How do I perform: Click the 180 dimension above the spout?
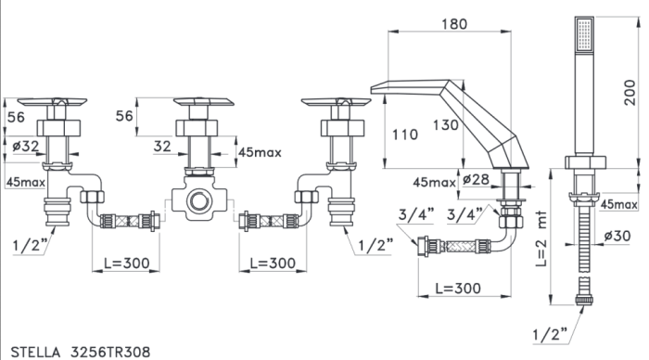click(x=454, y=24)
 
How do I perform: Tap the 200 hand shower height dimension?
click(x=630, y=93)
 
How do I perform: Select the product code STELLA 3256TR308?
click(x=81, y=353)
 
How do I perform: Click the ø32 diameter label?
click(x=26, y=146)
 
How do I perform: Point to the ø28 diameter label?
click(x=476, y=180)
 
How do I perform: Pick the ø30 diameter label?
click(x=617, y=236)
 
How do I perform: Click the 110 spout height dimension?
click(x=405, y=135)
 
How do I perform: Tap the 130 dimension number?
click(x=446, y=124)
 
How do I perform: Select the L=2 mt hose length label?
click(x=541, y=239)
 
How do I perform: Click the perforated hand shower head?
click(x=584, y=34)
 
